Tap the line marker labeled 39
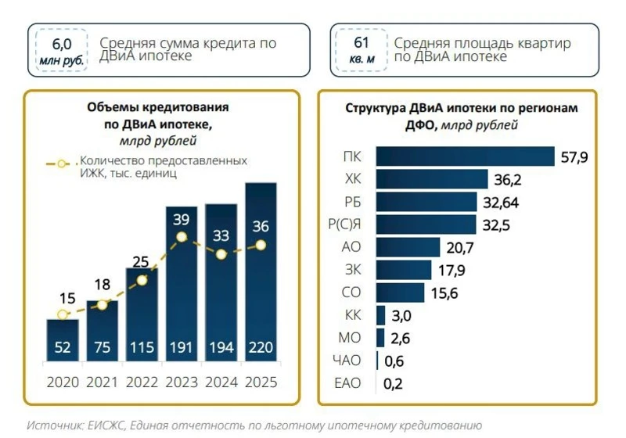182,237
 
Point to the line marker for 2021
101,305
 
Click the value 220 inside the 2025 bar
261,347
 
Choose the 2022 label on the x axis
141,382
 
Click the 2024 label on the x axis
221,382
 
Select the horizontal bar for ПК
465,156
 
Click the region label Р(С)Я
344,224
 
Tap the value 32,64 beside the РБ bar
500,203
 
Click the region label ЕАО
347,383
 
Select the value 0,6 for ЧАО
394,361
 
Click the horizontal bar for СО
400,293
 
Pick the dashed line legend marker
61,165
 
